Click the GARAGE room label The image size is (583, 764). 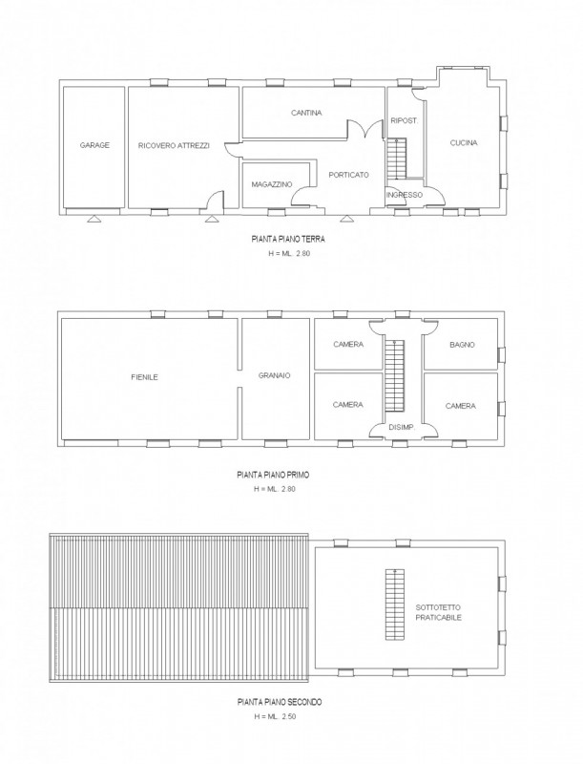94,145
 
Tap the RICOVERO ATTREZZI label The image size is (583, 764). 174,145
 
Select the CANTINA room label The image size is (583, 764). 306,113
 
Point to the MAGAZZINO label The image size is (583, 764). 272,184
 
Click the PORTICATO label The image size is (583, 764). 348,175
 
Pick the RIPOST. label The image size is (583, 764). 405,121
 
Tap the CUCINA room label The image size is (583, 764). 464,142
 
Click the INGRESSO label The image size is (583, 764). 405,195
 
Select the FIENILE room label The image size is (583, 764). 144,377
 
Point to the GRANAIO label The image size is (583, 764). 275,375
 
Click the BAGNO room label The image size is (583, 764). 462,345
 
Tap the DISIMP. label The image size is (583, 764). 402,427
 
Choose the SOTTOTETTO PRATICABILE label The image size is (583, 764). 438,612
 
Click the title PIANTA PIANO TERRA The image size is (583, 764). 288,240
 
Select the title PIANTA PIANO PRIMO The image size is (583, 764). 273,474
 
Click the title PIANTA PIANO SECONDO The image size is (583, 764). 280,702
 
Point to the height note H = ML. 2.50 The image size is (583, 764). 275,717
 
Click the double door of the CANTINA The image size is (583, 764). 364,130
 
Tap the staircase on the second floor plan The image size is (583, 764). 395,605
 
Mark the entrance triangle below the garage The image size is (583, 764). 94,220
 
